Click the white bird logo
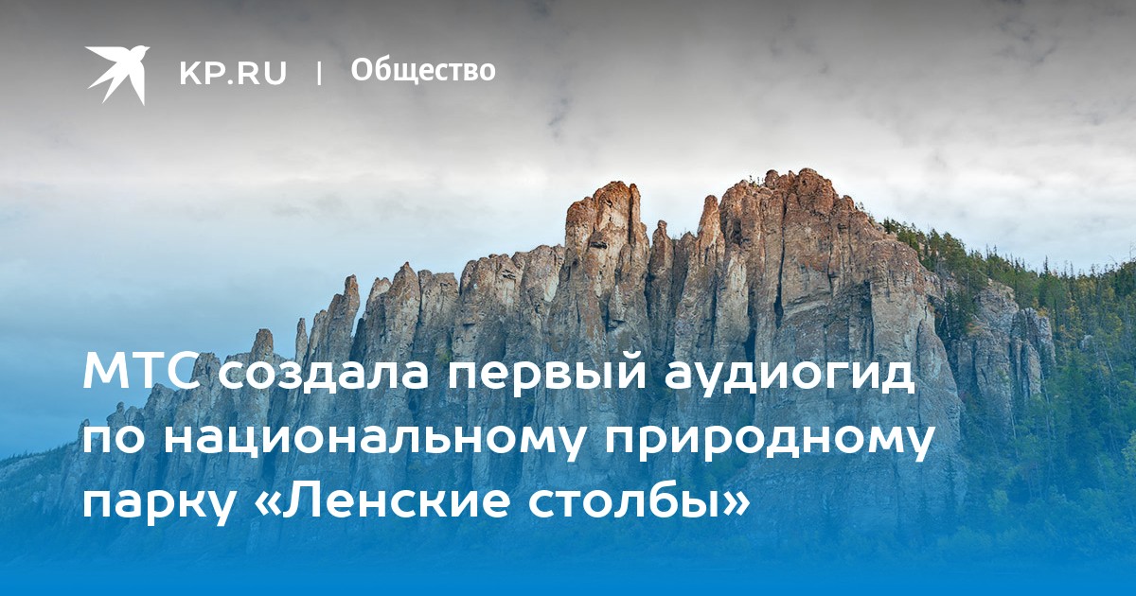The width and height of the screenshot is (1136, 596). pos(117,75)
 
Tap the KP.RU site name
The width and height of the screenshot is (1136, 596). pos(233,73)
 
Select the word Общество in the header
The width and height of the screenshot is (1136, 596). pos(423,71)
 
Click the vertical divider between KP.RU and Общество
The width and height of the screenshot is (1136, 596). pos(319,73)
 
